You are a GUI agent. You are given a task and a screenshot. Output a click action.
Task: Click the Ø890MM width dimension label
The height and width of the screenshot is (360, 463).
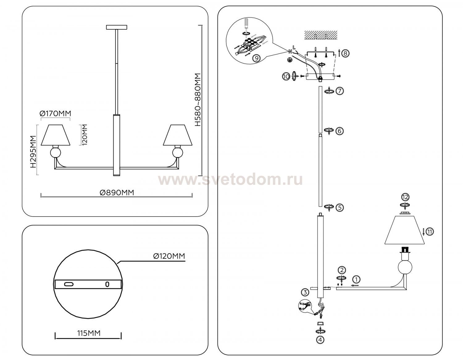click(x=117, y=192)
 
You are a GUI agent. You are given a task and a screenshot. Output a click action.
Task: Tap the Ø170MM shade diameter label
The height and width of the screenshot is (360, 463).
click(x=55, y=114)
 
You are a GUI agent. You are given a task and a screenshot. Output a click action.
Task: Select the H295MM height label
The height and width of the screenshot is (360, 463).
click(x=33, y=151)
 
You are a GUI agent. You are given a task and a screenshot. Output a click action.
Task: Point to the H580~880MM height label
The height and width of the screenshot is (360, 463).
click(x=198, y=100)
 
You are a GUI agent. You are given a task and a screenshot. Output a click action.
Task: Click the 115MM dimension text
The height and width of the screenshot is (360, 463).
click(x=89, y=333)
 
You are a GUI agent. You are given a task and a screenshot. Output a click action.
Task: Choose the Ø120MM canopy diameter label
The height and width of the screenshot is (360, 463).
click(x=169, y=256)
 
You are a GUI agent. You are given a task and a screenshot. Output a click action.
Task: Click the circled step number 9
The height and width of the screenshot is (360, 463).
click(x=257, y=58)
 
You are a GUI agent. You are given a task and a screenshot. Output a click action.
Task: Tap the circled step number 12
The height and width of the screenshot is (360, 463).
click(x=405, y=197)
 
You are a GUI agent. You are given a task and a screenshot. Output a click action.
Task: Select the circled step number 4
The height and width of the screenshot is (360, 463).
click(x=320, y=346)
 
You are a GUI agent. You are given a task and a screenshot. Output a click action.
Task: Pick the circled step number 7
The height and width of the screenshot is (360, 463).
click(x=340, y=91)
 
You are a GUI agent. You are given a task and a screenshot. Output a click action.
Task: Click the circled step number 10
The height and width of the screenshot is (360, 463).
click(x=286, y=76)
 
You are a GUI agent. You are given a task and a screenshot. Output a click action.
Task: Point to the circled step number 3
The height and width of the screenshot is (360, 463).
click(x=305, y=292)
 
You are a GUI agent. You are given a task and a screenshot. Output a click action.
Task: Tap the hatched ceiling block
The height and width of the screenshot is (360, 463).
click(x=321, y=35)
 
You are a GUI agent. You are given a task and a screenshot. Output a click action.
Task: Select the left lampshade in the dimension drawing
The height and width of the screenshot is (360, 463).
click(x=56, y=135)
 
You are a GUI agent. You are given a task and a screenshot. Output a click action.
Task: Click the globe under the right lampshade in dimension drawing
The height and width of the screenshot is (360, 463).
click(x=178, y=153)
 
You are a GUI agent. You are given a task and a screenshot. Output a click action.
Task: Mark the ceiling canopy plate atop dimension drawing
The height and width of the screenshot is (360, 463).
click(x=117, y=27)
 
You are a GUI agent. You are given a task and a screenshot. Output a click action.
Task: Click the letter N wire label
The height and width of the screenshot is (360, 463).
click(x=290, y=51)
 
